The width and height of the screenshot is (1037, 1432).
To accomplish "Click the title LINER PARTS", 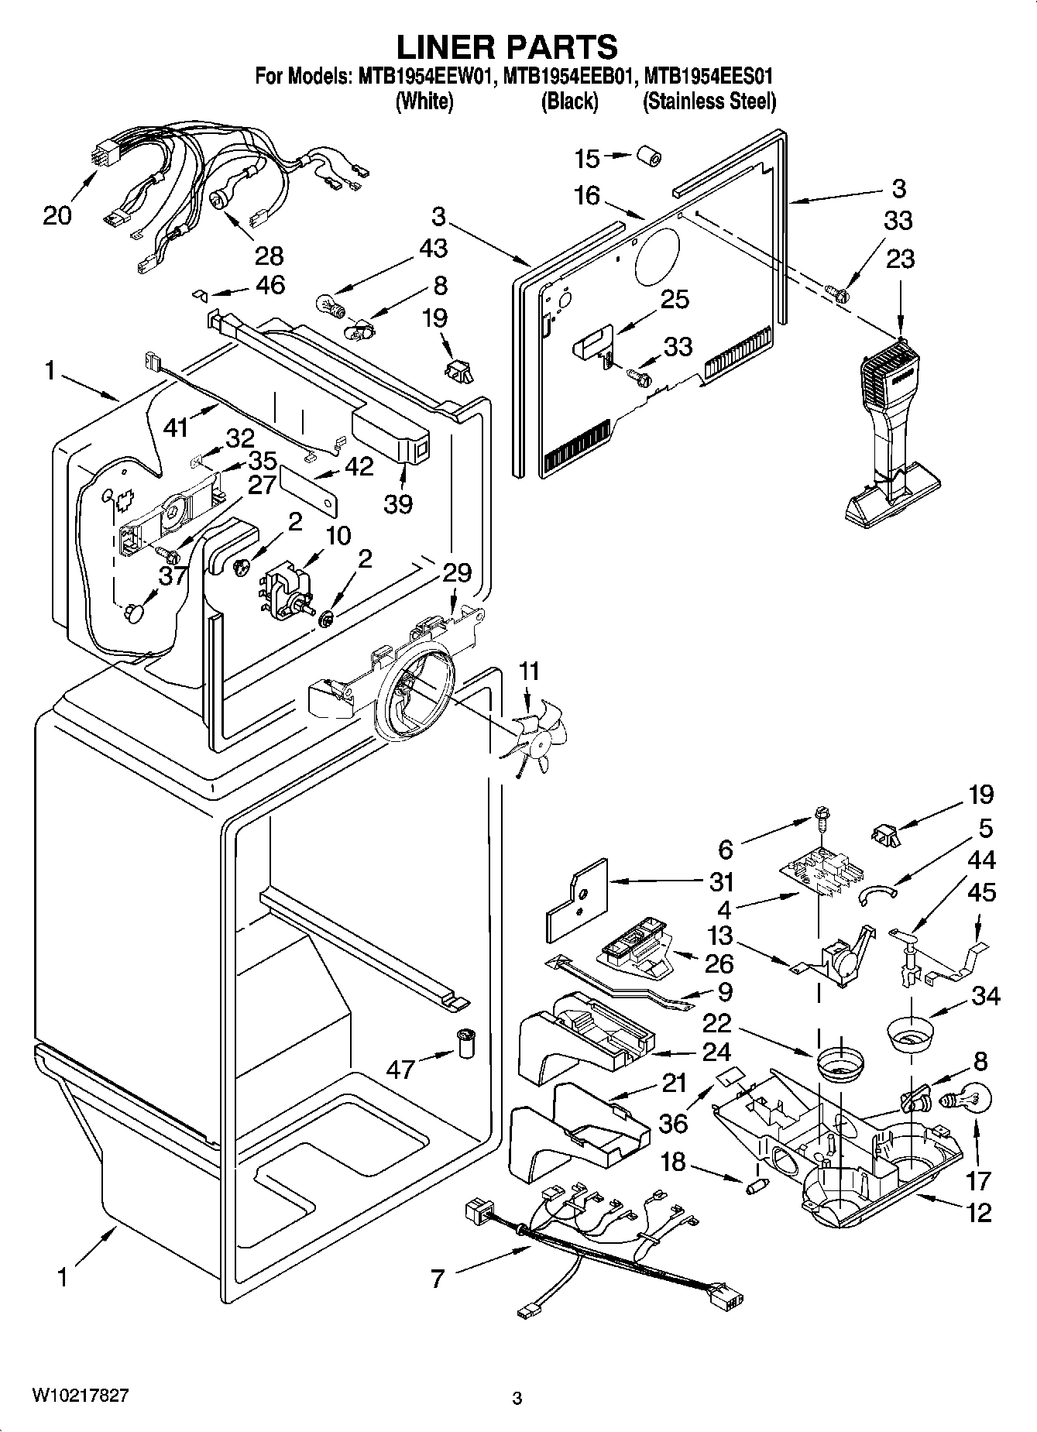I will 507,47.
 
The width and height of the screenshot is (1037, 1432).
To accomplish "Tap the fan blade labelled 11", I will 538,735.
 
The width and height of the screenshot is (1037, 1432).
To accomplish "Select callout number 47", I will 401,1070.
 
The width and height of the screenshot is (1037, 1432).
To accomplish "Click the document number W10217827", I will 80,1395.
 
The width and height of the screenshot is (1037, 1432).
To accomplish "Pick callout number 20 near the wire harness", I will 57,215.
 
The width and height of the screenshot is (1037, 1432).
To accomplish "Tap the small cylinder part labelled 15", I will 649,155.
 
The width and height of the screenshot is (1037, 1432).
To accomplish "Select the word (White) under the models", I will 424,101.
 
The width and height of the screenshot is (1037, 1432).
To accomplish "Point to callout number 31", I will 721,881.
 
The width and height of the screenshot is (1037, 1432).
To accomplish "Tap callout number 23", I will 900,259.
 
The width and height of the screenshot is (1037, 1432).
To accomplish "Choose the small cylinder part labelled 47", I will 465,1044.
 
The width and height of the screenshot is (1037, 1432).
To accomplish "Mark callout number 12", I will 979,1212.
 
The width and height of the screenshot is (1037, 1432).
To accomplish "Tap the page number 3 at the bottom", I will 517,1399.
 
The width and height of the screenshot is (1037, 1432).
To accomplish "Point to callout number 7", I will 438,1279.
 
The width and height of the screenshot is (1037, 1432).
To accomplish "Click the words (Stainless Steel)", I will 709,101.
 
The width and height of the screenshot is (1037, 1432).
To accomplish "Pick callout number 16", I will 587,195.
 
